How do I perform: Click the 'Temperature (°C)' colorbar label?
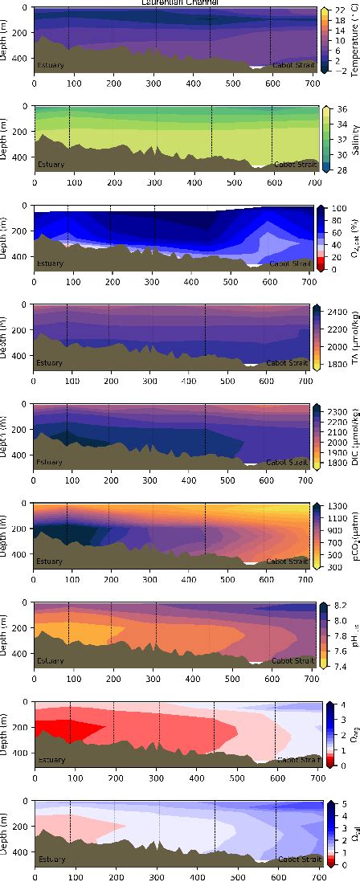(x=354, y=40)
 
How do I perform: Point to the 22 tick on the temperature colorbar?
(x=339, y=10)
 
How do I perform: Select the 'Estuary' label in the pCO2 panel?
(x=50, y=561)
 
